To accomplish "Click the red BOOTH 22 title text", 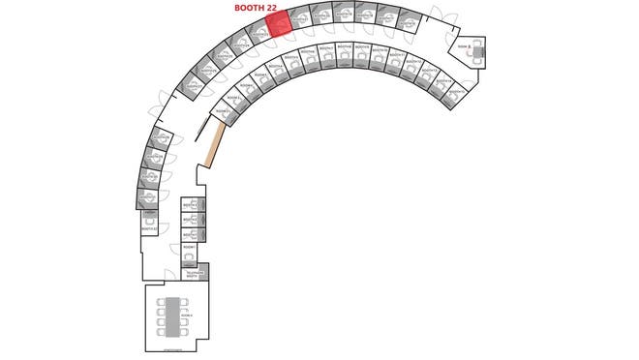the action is (262, 8).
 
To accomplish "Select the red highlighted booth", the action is (278, 25).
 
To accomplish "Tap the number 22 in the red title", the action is (282, 8).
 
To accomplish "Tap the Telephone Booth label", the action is (191, 274).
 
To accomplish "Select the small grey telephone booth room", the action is (192, 274).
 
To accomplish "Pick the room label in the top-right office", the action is (464, 46).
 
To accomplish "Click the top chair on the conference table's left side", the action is (162, 301).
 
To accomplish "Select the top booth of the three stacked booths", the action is (192, 205).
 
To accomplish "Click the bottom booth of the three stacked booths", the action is (192, 234).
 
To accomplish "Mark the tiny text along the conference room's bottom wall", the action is (174, 346).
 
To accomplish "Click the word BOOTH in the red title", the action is (251, 8).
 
